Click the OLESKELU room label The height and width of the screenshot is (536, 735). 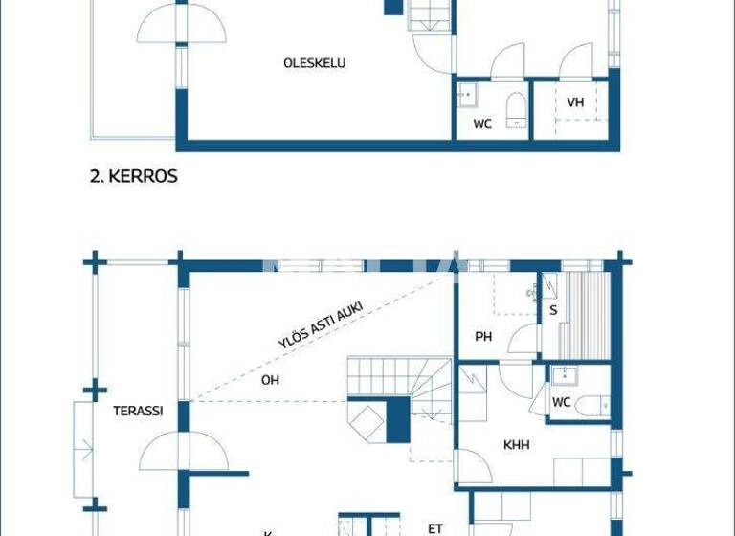coord(314,63)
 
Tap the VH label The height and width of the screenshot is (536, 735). coord(575,102)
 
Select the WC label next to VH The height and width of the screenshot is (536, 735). coord(482,124)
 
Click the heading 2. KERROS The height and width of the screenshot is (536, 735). coord(132,177)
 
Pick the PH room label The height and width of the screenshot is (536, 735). coord(483,336)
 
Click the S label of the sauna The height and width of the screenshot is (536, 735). coord(552,310)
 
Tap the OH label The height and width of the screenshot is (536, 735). coord(271,380)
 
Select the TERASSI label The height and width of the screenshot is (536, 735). coord(138,411)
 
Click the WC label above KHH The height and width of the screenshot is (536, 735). coord(561,402)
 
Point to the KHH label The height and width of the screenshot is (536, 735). coord(516,445)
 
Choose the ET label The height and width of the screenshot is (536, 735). coord(435,527)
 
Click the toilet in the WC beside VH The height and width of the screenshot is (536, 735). coord(516,109)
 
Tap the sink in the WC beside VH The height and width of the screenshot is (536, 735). coord(468,94)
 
